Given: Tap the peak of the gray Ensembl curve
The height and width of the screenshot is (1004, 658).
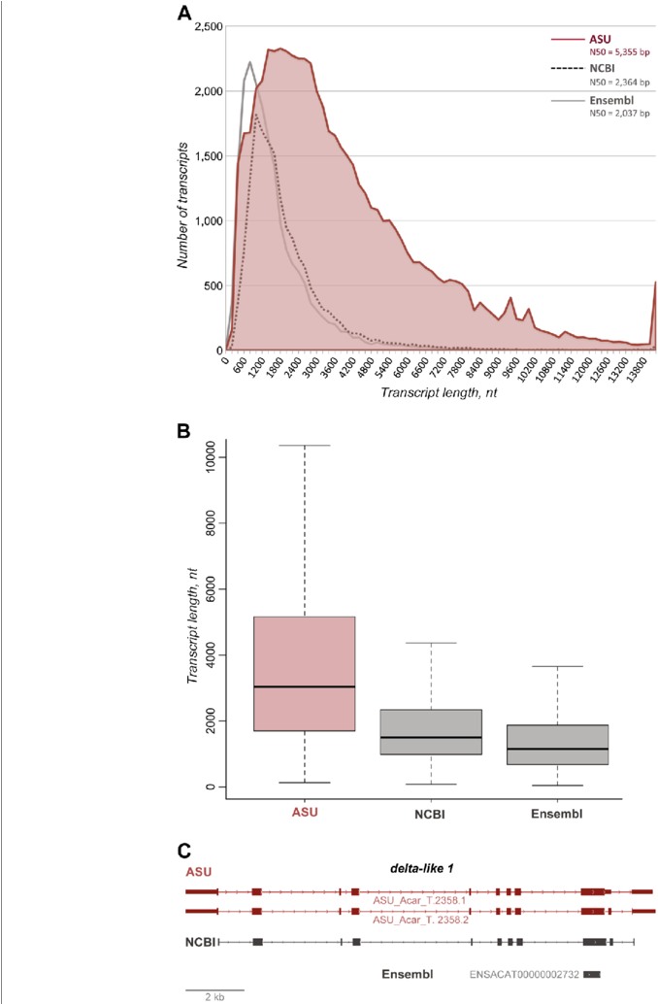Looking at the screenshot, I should click(x=249, y=62).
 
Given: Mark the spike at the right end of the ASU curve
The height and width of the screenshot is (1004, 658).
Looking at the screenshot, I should click(x=655, y=284).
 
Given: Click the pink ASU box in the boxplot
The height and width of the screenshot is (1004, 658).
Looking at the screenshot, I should click(x=304, y=673).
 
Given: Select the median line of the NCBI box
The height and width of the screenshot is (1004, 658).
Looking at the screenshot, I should click(x=430, y=737).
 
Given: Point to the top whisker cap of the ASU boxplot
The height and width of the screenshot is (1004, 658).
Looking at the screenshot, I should click(x=304, y=445).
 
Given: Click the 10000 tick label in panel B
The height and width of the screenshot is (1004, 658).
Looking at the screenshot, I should click(x=205, y=456).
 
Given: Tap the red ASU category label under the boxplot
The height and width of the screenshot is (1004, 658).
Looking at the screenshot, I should click(x=304, y=812).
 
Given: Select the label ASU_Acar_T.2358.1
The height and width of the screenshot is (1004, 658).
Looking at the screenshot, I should click(x=420, y=900).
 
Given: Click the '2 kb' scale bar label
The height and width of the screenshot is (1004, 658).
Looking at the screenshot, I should click(x=214, y=996).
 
